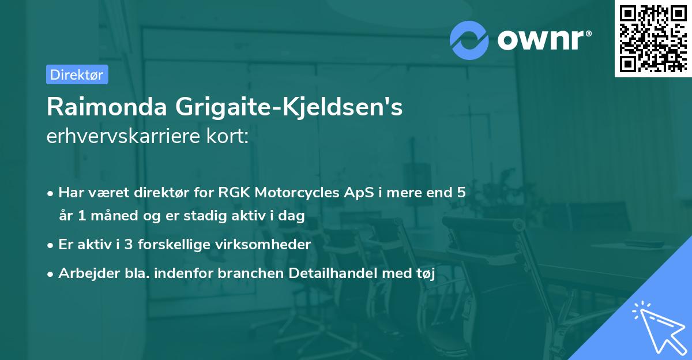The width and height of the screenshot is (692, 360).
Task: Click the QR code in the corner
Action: tap(652, 39)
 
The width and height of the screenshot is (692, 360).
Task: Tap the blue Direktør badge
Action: tap(77, 74)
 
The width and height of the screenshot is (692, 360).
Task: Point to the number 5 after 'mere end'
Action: tap(461, 193)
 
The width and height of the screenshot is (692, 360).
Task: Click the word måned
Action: tap(107, 216)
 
